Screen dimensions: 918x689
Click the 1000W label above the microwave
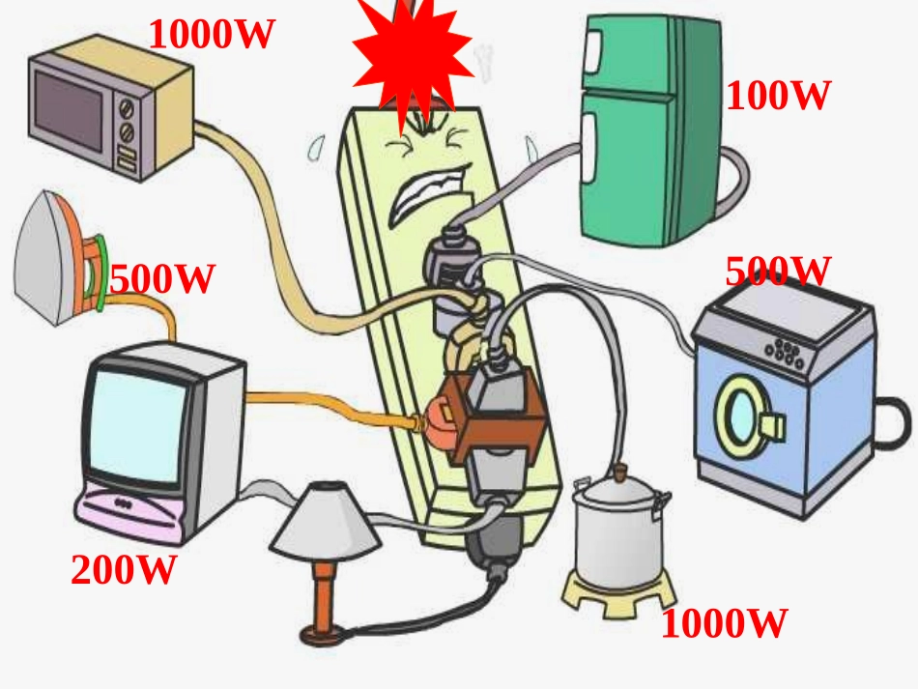(x=212, y=34)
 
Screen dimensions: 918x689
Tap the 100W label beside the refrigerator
(x=778, y=96)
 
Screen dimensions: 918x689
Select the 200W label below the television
(x=124, y=569)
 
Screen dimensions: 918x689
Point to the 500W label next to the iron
(x=162, y=278)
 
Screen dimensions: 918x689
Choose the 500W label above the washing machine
(x=778, y=271)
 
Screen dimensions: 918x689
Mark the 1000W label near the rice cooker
(x=724, y=623)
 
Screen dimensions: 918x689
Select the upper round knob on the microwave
(x=127, y=108)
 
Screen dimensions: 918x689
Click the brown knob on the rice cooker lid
(x=620, y=471)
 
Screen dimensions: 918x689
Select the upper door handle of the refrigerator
(x=592, y=53)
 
